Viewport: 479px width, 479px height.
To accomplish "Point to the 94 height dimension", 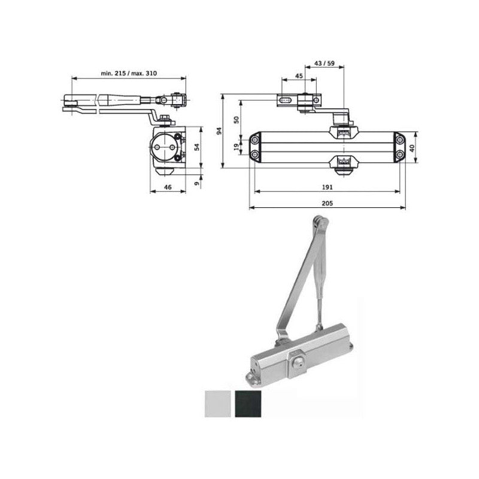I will click(219, 131).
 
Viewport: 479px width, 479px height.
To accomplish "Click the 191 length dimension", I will click(326, 187).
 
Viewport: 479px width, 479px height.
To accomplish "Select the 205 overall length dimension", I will click(326, 204).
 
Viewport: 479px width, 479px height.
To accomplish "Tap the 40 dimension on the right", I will click(411, 147).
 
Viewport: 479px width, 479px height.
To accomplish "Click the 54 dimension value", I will click(196, 147).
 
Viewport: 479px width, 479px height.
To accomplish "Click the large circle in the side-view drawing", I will click(163, 145).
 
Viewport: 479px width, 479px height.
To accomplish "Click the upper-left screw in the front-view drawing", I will click(256, 140).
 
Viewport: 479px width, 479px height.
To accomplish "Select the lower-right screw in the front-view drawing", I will click(398, 154).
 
